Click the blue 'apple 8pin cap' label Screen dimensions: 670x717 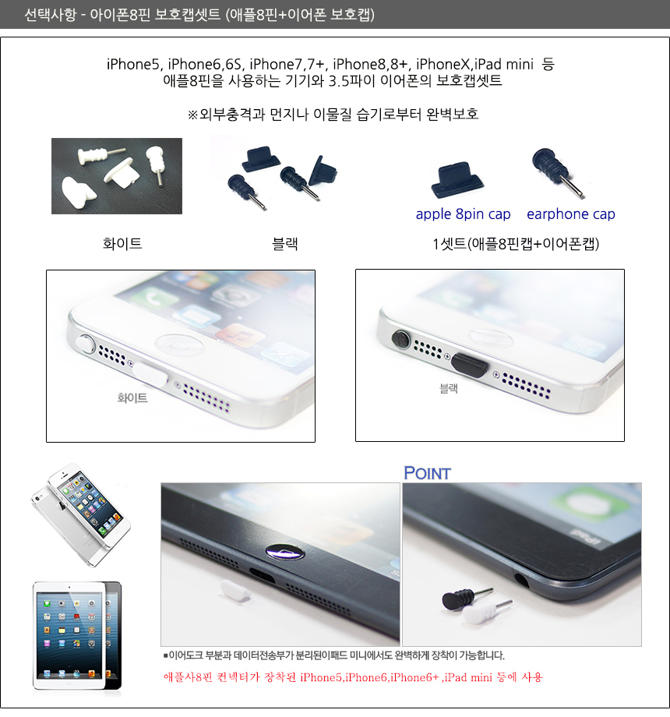(463, 214)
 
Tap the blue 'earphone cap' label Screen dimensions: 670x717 (571, 214)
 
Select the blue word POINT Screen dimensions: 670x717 (427, 473)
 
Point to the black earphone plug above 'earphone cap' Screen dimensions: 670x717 (557, 171)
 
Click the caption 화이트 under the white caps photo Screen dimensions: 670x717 (122, 243)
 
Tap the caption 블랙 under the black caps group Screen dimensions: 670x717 (284, 243)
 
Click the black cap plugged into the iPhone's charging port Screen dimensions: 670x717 (469, 365)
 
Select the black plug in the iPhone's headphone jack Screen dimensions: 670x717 (400, 339)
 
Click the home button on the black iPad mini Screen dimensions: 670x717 (285, 552)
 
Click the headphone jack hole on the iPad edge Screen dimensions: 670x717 (521, 580)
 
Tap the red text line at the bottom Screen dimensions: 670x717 (353, 676)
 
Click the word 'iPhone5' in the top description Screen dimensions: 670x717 (133, 65)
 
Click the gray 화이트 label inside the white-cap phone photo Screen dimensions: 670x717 (132, 397)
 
